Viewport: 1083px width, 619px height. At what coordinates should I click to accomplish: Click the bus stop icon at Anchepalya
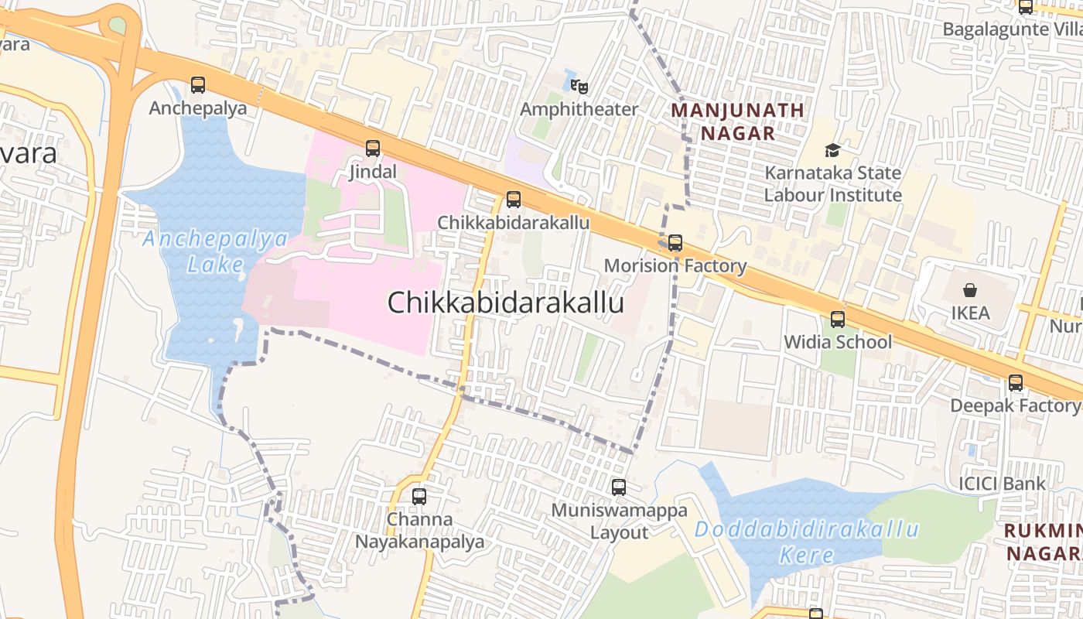coord(198,85)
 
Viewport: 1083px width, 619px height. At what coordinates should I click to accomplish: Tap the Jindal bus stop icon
coord(373,149)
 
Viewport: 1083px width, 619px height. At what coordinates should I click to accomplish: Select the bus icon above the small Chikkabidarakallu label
coord(513,200)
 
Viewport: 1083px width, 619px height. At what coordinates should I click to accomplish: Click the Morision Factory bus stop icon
coord(675,243)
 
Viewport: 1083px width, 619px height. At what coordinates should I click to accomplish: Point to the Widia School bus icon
coord(838,319)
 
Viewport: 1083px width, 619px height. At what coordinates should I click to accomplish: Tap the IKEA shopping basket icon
coord(970,290)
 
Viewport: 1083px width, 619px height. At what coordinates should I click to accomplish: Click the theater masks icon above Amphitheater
coord(579,84)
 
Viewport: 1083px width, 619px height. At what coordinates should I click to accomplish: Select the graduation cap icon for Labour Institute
coord(832,150)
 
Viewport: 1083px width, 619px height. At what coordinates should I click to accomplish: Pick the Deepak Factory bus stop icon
coord(1016,383)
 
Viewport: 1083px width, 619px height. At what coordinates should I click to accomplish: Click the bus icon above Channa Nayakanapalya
coord(419,496)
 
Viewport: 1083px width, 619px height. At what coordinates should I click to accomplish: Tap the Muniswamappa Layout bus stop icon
coord(619,487)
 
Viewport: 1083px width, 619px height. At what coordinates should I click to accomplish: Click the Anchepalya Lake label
coord(215,251)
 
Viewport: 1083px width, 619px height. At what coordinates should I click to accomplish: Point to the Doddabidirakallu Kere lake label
coord(806,542)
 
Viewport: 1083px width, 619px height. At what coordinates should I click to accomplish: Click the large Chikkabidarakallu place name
coord(505,303)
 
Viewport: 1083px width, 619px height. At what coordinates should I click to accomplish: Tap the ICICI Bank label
coord(1002,484)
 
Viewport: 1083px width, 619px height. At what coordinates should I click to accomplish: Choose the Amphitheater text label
coord(579,109)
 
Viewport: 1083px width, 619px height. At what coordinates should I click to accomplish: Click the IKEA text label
coord(970,313)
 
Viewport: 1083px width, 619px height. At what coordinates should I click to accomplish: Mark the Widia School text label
coord(838,342)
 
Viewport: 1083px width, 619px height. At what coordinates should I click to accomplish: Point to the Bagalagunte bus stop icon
coord(1026,7)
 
